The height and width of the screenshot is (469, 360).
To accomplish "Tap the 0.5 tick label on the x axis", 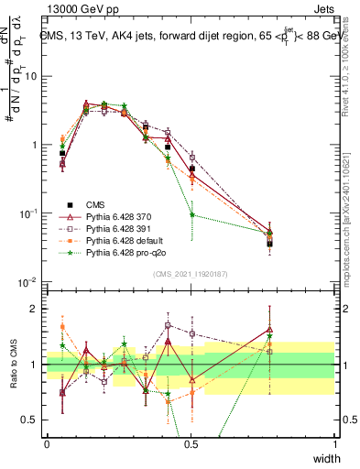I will pos(191,443).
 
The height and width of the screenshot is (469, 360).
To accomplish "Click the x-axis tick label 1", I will pos(334,443).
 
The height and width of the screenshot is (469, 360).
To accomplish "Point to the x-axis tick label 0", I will pos(47,443).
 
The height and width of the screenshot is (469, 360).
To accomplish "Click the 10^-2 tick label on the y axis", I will pos(27,281).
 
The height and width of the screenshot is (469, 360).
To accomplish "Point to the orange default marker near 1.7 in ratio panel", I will pos(62,326).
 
